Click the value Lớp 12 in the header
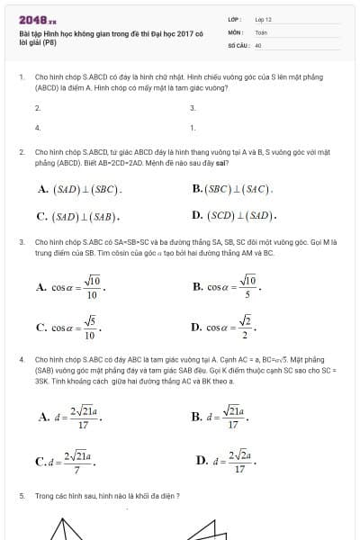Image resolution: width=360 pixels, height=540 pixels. pos(264,19)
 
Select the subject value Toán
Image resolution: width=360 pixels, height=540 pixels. pos(261,31)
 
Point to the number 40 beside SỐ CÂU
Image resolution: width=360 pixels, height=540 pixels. pos(258,43)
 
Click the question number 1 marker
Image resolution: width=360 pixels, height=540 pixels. pos(21,78)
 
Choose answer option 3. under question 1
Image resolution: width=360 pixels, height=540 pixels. pos(193,108)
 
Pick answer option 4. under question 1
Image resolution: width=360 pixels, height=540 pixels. pos(38,128)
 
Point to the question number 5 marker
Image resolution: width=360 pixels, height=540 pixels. pos(21,496)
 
